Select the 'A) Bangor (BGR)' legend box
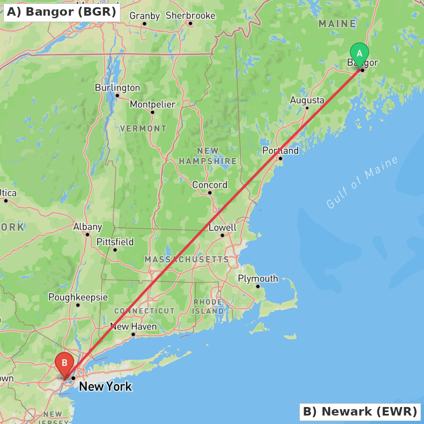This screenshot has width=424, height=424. click(61, 12)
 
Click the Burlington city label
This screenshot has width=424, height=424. click(117, 88)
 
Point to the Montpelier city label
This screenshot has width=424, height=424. click(152, 104)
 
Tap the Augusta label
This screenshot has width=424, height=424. click(307, 100)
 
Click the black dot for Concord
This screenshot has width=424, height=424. click(209, 192)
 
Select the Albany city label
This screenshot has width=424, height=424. click(87, 227)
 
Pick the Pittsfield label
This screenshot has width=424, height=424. click(115, 242)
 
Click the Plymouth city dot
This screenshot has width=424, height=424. click(257, 286)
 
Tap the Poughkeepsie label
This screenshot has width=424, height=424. click(78, 297)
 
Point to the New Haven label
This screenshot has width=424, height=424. click(133, 327)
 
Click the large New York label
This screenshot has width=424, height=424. click(105, 387)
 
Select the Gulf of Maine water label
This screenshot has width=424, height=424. click(363, 182)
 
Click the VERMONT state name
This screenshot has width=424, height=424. click(143, 128)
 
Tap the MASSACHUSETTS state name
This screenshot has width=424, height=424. click(187, 259)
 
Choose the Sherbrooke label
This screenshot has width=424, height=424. click(190, 16)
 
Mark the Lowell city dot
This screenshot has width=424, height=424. click(222, 235)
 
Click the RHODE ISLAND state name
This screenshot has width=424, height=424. click(208, 307)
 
